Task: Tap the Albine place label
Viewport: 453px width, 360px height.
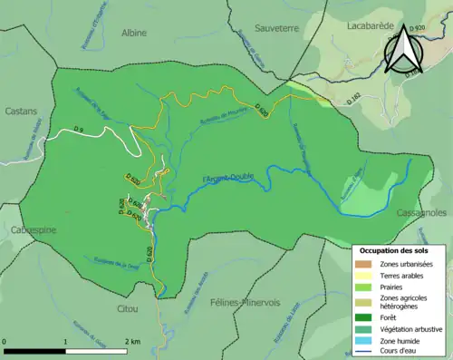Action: (135, 33)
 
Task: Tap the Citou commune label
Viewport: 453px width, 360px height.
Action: (131, 283)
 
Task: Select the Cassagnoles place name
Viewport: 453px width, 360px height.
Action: (422, 212)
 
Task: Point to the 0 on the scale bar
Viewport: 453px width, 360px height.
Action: (5, 341)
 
